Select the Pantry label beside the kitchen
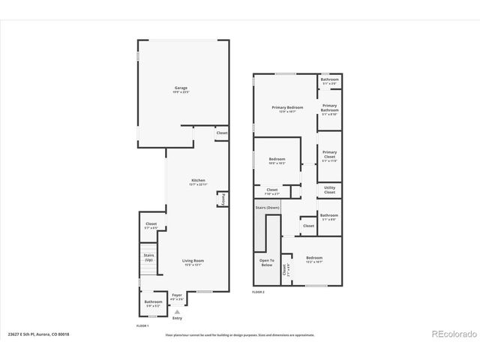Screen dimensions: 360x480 click(222, 199)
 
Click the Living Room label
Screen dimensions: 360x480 click(193, 262)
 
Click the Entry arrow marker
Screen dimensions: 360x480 click(177, 311)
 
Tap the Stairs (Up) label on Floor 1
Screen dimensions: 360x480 click(148, 257)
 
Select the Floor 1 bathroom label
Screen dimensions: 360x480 click(153, 304)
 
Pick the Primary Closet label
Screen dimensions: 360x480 click(330, 157)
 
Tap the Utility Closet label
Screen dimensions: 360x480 click(330, 190)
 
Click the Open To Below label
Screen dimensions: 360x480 click(267, 262)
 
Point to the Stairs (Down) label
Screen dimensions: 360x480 click(268, 207)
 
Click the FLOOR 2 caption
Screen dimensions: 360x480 click(259, 291)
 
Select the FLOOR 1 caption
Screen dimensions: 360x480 click(142, 326)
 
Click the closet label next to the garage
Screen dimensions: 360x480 click(222, 133)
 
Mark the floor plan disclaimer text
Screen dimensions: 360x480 click(240, 334)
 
